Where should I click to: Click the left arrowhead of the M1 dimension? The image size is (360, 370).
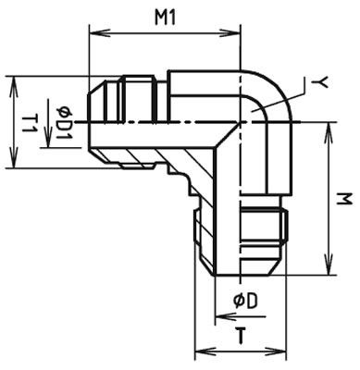[x=93, y=34]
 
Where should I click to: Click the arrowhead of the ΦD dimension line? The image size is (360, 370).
[x=219, y=317]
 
